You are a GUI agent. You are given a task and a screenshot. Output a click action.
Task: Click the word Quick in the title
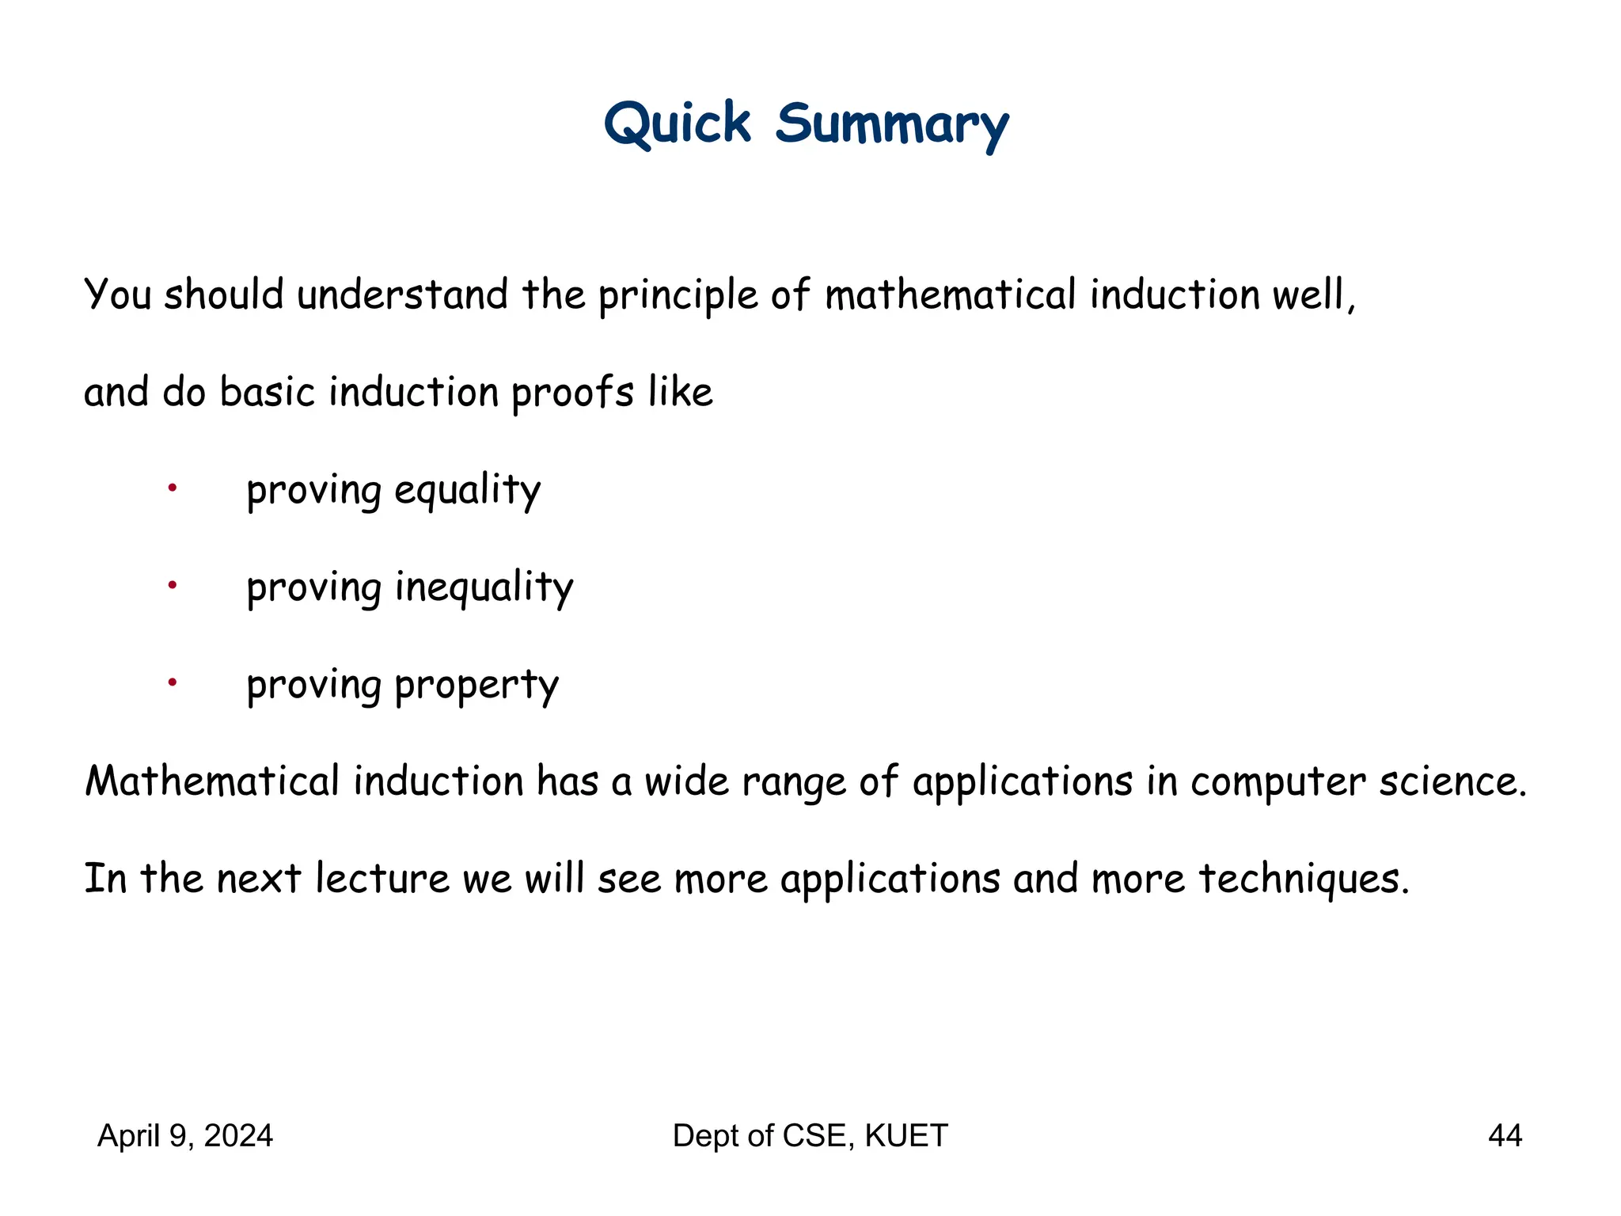click(677, 124)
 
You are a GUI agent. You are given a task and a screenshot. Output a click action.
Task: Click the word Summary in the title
click(891, 126)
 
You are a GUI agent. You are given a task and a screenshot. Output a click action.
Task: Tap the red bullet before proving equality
click(172, 488)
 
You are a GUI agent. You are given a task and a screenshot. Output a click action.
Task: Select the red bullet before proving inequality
click(172, 586)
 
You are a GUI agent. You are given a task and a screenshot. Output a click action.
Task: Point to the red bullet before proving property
click(172, 682)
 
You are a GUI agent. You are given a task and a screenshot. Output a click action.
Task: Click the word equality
click(467, 491)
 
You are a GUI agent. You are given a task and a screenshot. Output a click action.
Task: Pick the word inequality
click(484, 588)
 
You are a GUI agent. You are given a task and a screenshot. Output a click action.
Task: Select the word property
click(476, 686)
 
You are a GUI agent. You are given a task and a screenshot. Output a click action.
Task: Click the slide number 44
click(1505, 1135)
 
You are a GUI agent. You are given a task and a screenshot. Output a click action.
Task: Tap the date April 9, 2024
click(185, 1135)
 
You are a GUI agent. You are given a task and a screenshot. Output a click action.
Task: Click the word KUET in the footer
click(905, 1135)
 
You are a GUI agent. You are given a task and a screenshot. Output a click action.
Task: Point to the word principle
click(678, 296)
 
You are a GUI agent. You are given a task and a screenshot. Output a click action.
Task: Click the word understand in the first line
click(402, 294)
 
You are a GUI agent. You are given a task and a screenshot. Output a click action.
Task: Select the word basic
click(268, 392)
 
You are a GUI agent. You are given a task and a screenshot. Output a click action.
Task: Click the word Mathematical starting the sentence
click(212, 781)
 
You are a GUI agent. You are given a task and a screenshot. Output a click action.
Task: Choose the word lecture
click(382, 879)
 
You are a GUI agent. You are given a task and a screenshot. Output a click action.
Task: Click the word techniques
click(1303, 879)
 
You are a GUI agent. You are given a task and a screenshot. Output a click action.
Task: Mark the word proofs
click(572, 393)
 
